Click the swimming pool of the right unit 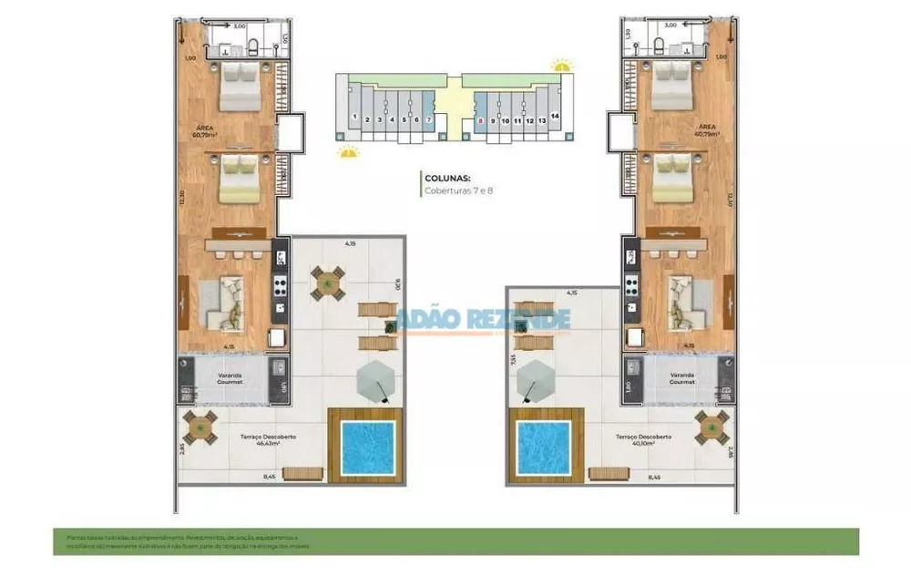tap(543, 448)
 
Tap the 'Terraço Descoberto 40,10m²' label tap(642, 440)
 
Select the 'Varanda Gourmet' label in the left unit tap(228, 377)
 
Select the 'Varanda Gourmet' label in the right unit tap(682, 377)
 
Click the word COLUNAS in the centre tap(445, 178)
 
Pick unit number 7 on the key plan tap(428, 119)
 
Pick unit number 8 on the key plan tap(480, 119)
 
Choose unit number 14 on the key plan tap(554, 117)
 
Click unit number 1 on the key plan tap(353, 117)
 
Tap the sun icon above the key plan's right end tap(561, 65)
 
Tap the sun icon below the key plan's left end tap(347, 151)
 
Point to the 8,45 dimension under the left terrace tap(270, 476)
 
